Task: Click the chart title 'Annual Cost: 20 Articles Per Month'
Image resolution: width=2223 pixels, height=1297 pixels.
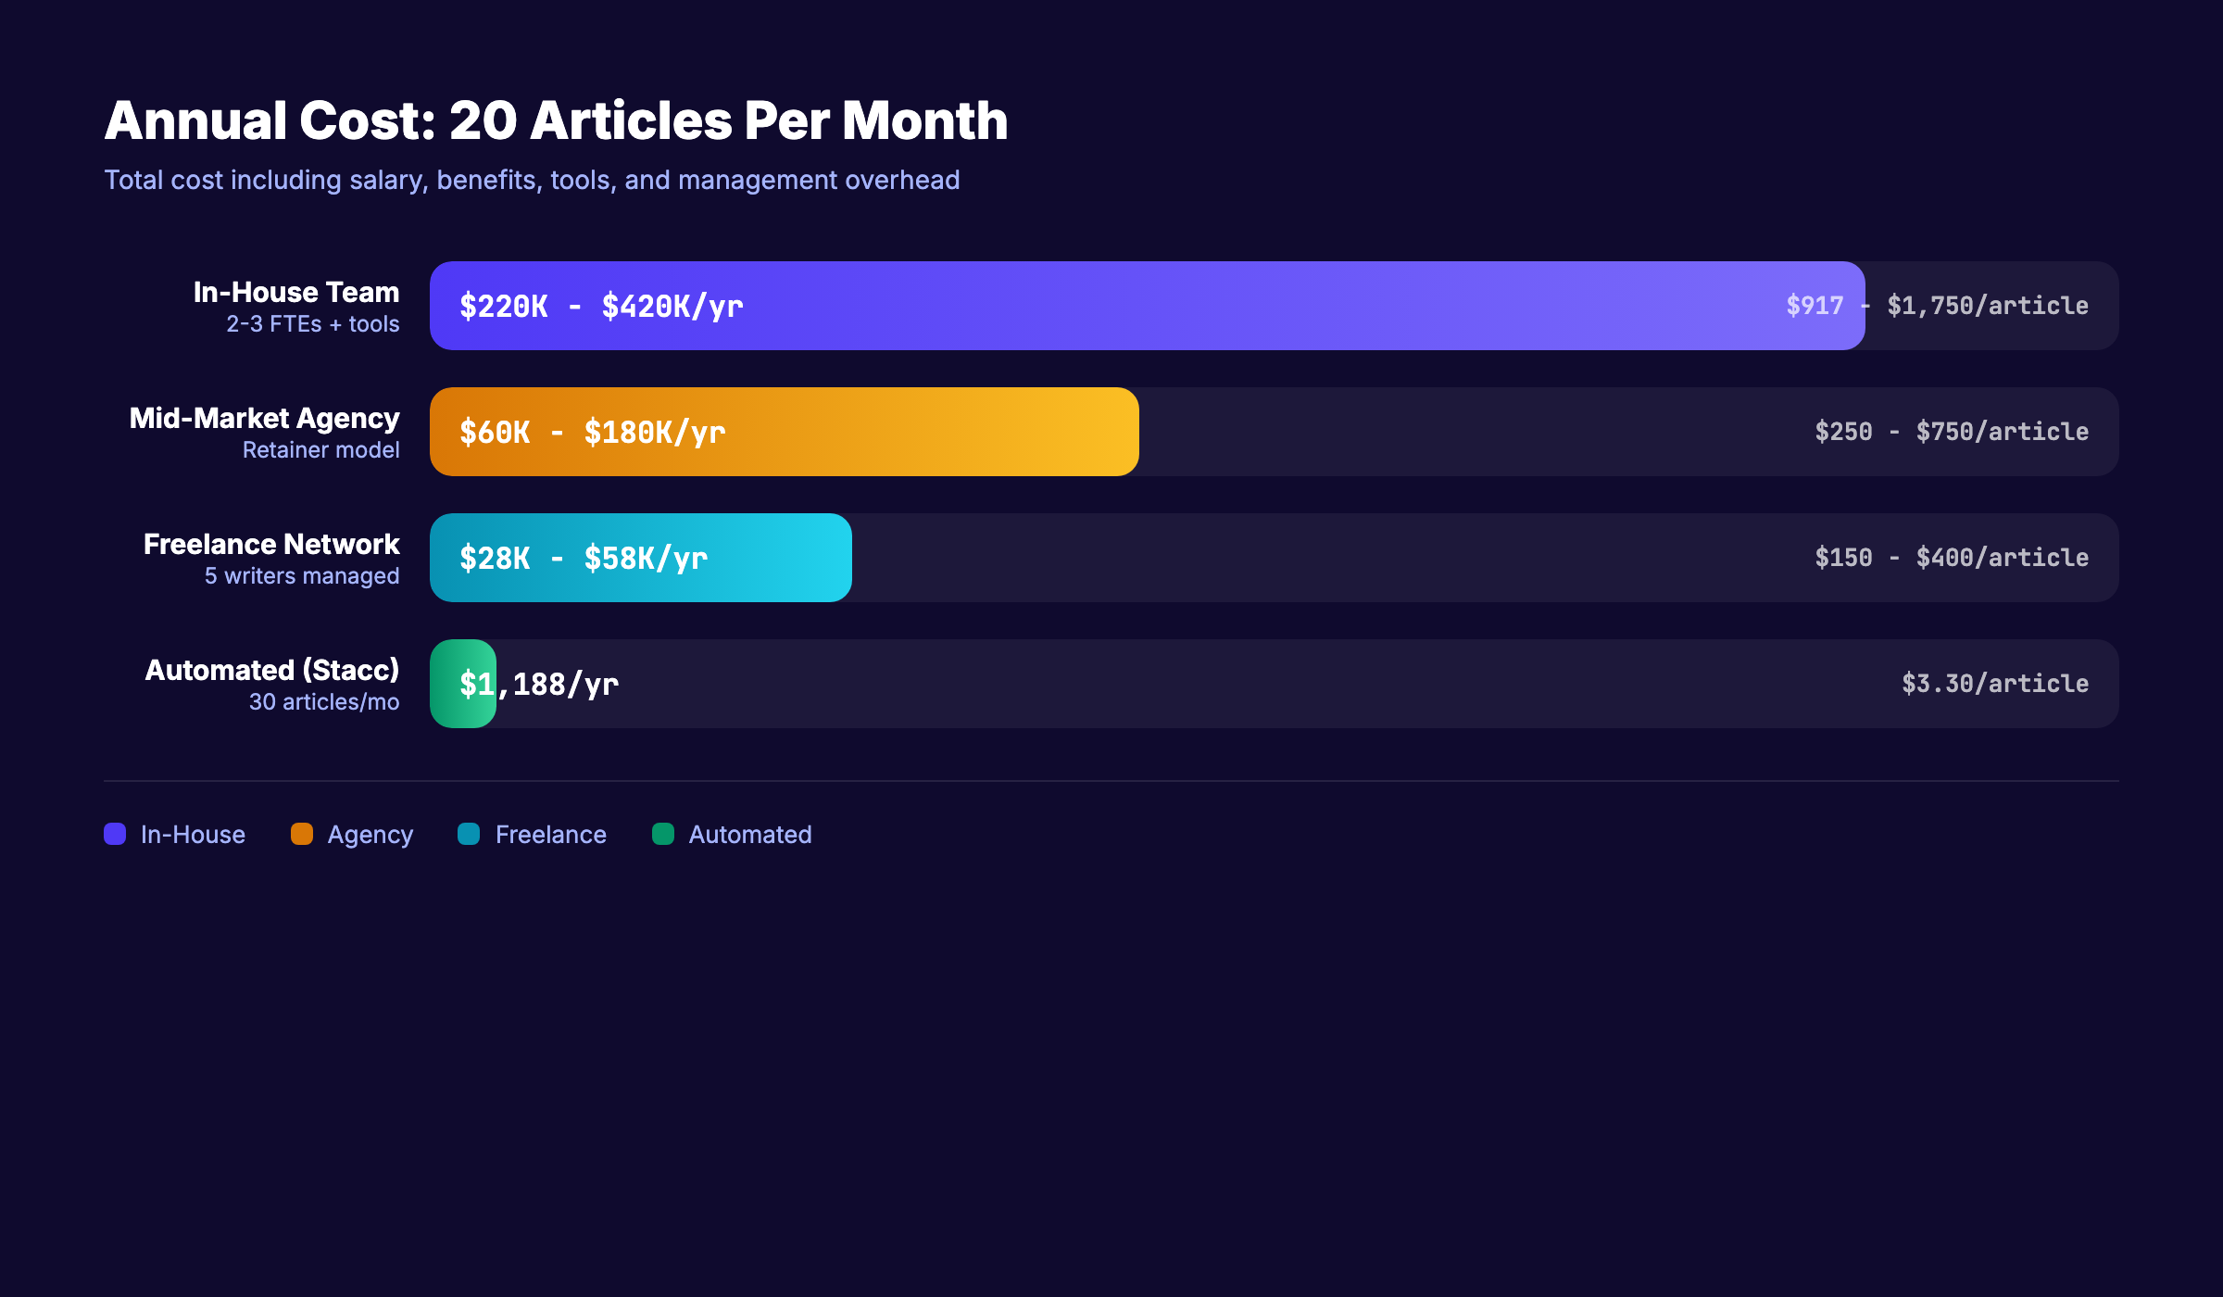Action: [x=556, y=121]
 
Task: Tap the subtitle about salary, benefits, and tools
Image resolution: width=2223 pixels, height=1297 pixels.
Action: [x=532, y=180]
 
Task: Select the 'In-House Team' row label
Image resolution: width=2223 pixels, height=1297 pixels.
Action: [x=296, y=293]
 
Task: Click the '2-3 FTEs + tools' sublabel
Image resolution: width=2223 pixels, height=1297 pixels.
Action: [x=313, y=324]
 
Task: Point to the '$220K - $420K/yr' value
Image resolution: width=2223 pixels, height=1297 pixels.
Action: [x=601, y=307]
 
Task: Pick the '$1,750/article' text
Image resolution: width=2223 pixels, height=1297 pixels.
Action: [x=1988, y=306]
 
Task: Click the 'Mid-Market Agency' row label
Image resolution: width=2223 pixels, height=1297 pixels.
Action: [x=265, y=419]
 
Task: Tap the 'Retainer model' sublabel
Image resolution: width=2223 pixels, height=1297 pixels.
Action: [x=321, y=450]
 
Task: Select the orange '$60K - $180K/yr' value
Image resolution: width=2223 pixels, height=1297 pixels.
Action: [x=593, y=433]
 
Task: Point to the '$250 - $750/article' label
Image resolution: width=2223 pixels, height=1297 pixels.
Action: [x=1952, y=432]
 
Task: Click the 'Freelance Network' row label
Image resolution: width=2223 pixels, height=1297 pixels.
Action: [x=271, y=545]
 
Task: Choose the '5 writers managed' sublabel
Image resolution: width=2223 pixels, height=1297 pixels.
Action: [x=302, y=576]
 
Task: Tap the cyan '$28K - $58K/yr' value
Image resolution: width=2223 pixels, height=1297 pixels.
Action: [x=584, y=559]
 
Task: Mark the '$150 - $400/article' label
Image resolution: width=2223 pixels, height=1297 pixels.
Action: [x=1952, y=558]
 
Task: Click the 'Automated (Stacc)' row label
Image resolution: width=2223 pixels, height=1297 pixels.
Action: [x=272, y=671]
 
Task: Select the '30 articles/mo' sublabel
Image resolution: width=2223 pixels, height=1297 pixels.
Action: [x=324, y=702]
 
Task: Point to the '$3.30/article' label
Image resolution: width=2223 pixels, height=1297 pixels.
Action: [x=1995, y=684]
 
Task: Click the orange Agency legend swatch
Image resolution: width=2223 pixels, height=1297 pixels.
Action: [x=302, y=835]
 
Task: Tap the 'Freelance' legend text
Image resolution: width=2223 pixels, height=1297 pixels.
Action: [x=551, y=835]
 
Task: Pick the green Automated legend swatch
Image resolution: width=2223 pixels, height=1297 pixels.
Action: [x=663, y=835]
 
